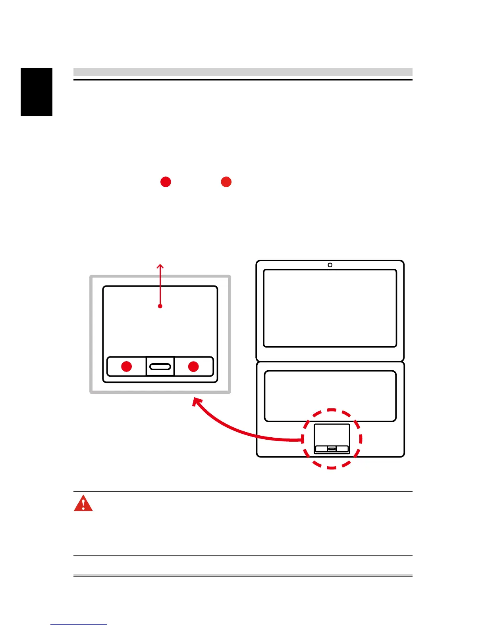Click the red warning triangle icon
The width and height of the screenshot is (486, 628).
coord(83,504)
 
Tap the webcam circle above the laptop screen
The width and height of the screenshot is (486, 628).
coord(330,265)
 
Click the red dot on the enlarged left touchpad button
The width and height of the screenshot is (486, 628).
coord(126,366)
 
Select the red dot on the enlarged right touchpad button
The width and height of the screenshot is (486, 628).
coord(193,366)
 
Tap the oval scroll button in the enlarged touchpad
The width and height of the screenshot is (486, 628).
coord(160,366)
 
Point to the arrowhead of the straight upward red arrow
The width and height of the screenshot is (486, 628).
coord(160,266)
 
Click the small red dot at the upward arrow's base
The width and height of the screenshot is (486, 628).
coord(160,306)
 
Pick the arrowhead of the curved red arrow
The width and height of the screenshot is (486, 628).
coord(195,401)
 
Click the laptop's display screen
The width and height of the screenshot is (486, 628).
coord(330,308)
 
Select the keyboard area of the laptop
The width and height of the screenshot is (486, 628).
coord(330,396)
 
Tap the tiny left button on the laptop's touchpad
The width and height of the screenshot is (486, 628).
coord(321,449)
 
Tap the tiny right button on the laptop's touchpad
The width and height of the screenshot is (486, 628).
coord(342,449)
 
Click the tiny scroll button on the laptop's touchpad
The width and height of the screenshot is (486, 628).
coord(332,449)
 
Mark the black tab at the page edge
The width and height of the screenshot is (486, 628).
coord(37,92)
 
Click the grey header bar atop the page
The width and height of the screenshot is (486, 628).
coord(243,72)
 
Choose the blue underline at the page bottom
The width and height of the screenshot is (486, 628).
coord(79,625)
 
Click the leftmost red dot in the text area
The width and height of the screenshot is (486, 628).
coord(166,182)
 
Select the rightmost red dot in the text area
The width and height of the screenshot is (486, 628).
coord(226,182)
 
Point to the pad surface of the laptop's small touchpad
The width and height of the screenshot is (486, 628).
coord(332,435)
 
